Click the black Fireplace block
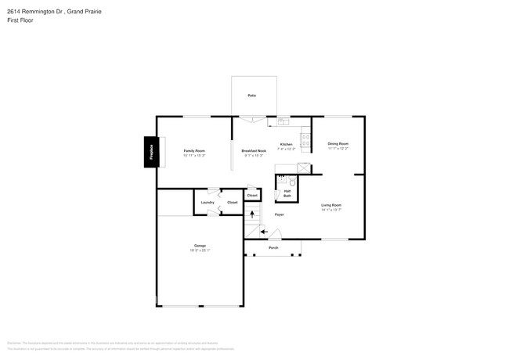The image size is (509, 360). (149, 152)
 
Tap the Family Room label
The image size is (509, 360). (194, 150)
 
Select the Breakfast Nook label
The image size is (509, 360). (254, 150)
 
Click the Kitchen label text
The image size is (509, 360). (287, 145)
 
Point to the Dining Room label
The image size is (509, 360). (338, 144)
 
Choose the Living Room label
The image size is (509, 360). (331, 205)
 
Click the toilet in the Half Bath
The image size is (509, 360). (292, 180)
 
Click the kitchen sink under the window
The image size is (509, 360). (283, 121)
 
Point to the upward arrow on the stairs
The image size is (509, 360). (252, 213)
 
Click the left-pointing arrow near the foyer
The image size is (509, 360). (264, 231)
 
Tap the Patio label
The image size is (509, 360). (252, 95)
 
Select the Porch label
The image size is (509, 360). (273, 248)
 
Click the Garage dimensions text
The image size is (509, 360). (200, 250)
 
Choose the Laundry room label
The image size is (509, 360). (208, 203)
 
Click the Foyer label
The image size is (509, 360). (279, 214)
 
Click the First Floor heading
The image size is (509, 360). (19, 20)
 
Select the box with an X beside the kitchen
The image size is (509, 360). (304, 167)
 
